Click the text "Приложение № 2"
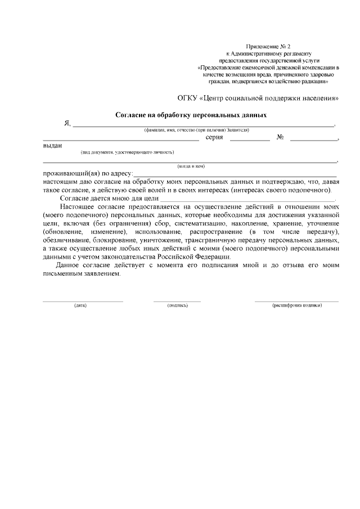[269, 45]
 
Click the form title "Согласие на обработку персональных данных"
[191, 115]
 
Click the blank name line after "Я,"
[202, 124]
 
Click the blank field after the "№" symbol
[313, 139]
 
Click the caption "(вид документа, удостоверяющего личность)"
[127, 152]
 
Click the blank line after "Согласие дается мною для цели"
[247, 200]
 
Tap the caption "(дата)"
[80, 305]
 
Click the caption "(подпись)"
[177, 305]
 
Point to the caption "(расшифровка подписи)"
[296, 305]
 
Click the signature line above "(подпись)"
[177, 301]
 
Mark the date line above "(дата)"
[83, 301]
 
